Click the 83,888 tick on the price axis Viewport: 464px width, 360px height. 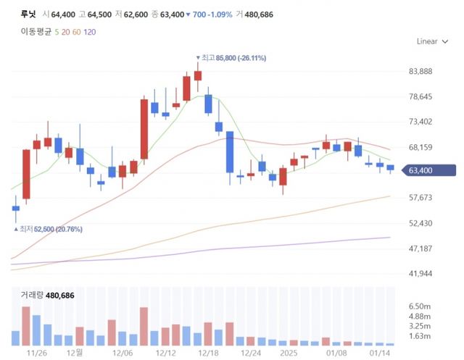(x=420, y=71)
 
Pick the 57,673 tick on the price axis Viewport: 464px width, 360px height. (x=420, y=197)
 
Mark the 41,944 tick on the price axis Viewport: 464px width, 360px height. (x=420, y=273)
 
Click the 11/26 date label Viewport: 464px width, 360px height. (x=36, y=353)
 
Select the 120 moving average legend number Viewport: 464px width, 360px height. (x=89, y=32)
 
